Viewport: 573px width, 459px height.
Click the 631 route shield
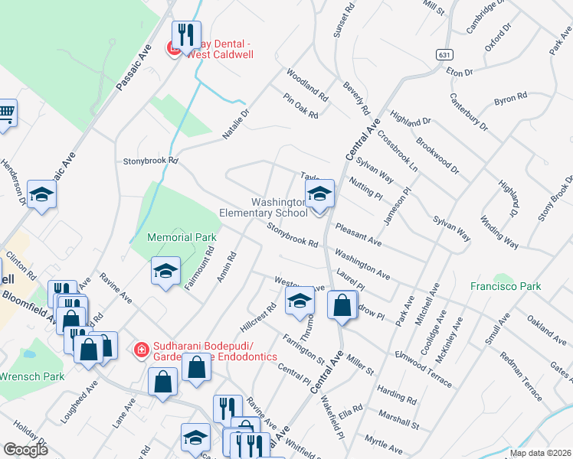[x=444, y=55]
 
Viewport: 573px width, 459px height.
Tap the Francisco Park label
[x=506, y=287]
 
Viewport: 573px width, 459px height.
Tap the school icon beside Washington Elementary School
[x=319, y=194]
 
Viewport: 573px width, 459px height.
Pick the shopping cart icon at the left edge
[x=6, y=114]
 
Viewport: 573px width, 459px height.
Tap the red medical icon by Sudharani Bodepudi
[x=141, y=350]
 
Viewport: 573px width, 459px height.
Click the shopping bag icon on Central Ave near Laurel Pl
[x=342, y=305]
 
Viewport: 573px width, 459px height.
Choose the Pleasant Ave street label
[x=358, y=234]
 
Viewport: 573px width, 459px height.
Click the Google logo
[x=25, y=450]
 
